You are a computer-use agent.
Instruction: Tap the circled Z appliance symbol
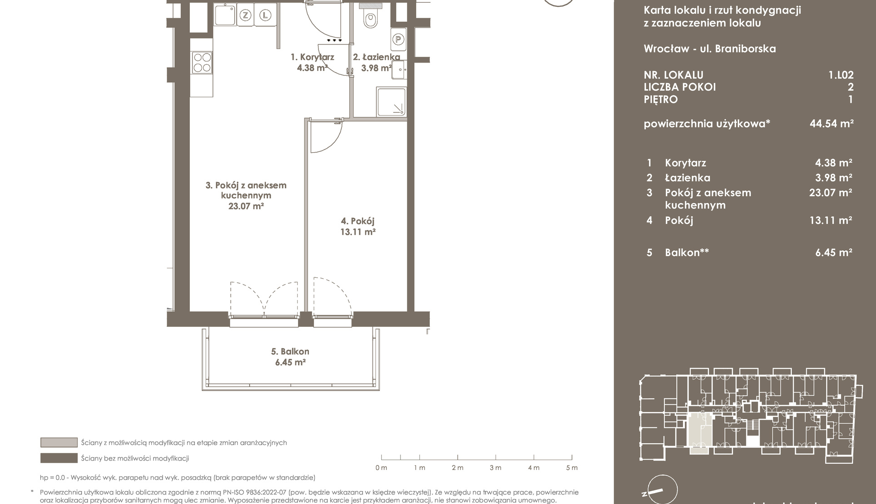245,15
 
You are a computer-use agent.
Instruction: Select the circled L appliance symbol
265,15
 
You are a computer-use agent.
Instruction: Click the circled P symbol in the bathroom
398,39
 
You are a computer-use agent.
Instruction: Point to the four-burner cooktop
202,63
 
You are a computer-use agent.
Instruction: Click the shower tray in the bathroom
391,102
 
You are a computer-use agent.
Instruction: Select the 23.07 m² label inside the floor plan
246,206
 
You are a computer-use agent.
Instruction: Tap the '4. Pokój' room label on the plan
358,221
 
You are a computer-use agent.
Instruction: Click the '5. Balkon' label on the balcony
290,351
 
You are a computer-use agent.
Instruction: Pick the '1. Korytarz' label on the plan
313,57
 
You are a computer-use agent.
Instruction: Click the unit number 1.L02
841,75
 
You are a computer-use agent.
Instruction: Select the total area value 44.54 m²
832,123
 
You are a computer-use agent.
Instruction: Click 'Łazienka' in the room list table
688,178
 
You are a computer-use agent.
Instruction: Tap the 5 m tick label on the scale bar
572,468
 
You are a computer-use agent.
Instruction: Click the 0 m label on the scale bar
381,468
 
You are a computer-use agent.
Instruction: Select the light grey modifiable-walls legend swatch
59,442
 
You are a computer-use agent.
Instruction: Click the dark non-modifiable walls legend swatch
59,458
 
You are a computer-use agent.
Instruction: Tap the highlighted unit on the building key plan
699,433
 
